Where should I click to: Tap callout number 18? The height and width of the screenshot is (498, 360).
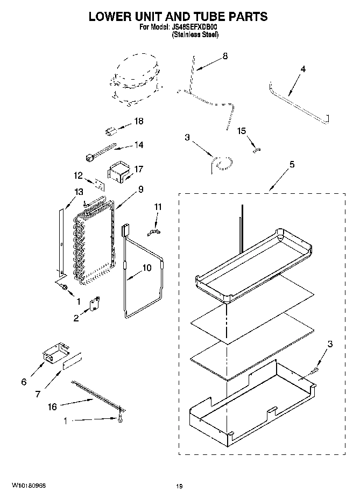[139, 122]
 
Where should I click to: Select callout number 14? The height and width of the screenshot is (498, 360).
[139, 144]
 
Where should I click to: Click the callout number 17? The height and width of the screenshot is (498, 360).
[139, 169]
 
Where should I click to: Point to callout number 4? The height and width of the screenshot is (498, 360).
[303, 69]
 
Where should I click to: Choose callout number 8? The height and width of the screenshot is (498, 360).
[225, 56]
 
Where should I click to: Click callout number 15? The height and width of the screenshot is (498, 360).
[242, 130]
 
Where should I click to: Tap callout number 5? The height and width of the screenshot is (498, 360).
[292, 165]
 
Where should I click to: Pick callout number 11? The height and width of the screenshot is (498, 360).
[158, 206]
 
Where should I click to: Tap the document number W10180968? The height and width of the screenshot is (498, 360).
[26, 486]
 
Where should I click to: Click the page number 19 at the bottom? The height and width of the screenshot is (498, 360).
[179, 487]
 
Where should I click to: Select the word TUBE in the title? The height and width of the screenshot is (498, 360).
[207, 16]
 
